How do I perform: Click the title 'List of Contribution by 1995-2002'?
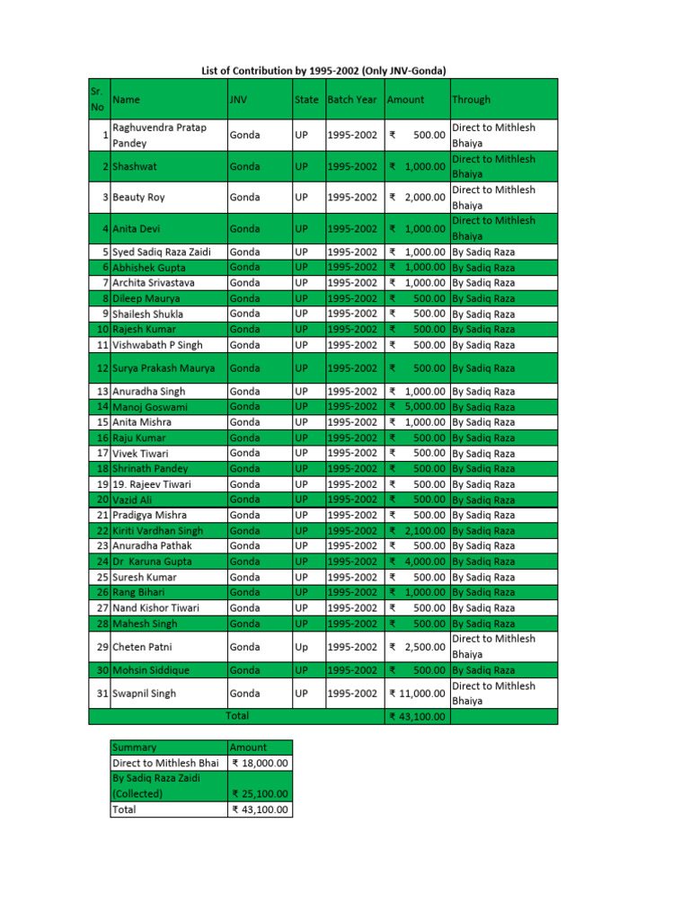(323, 70)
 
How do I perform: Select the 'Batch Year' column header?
(352, 100)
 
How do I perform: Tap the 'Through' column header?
(471, 100)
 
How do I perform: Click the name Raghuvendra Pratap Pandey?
(159, 135)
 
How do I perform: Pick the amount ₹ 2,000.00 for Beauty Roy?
(417, 198)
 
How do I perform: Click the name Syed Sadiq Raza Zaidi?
(161, 252)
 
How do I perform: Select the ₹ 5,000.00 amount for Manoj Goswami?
(417, 407)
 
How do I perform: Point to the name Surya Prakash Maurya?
(164, 368)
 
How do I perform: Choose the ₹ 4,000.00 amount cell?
(417, 562)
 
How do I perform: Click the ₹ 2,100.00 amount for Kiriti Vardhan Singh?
(417, 531)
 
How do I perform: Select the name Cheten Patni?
(143, 647)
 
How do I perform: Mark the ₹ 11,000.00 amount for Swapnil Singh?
(417, 694)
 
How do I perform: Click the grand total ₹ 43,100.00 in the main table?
(417, 717)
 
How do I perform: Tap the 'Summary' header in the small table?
(134, 747)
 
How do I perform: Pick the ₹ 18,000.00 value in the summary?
(261, 763)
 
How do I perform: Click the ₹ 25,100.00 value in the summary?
(261, 794)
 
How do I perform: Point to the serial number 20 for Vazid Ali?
(102, 500)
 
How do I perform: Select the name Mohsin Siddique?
(151, 670)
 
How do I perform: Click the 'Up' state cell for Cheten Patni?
(301, 647)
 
